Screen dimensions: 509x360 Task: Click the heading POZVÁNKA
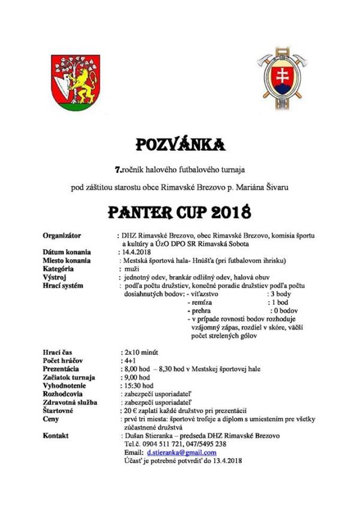[180, 145]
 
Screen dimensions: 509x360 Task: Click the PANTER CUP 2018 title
[179, 212]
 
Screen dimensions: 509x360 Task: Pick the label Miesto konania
[67, 261]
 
